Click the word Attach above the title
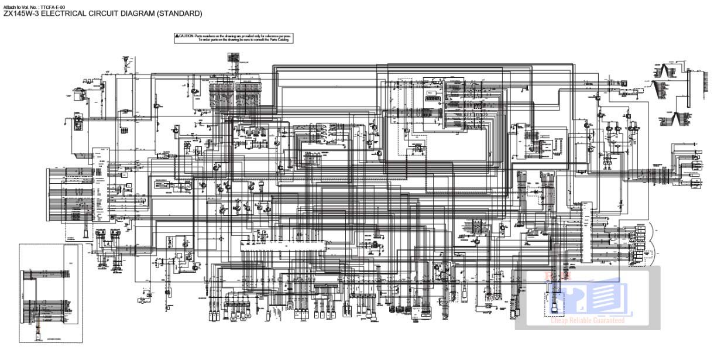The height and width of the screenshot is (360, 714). [x=10, y=6]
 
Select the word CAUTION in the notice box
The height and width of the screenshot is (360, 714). [x=186, y=36]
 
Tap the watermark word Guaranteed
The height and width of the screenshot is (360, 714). [x=608, y=320]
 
